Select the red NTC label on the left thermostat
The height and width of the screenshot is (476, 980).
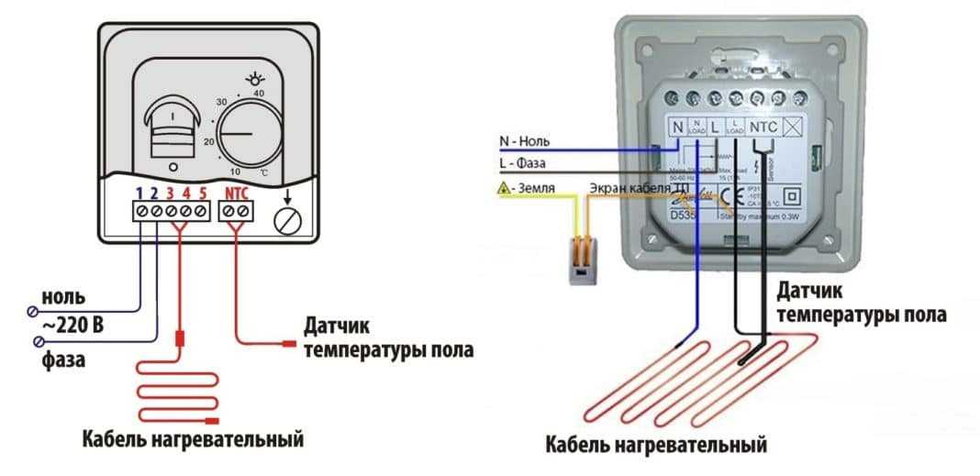pyautogui.click(x=236, y=194)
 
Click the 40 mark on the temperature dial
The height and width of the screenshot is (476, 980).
pyautogui.click(x=258, y=94)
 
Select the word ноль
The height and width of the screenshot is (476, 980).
pyautogui.click(x=63, y=297)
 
